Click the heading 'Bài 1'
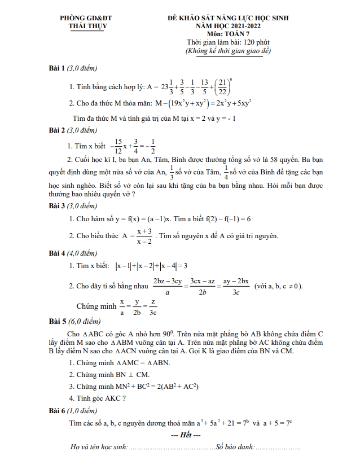[56, 68]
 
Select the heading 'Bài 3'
[56, 206]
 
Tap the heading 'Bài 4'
[56, 253]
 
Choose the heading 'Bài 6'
[56, 410]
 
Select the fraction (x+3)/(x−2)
[144, 236]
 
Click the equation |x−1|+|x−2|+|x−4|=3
[151, 266]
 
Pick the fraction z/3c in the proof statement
[153, 308]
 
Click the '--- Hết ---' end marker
[186, 435]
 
